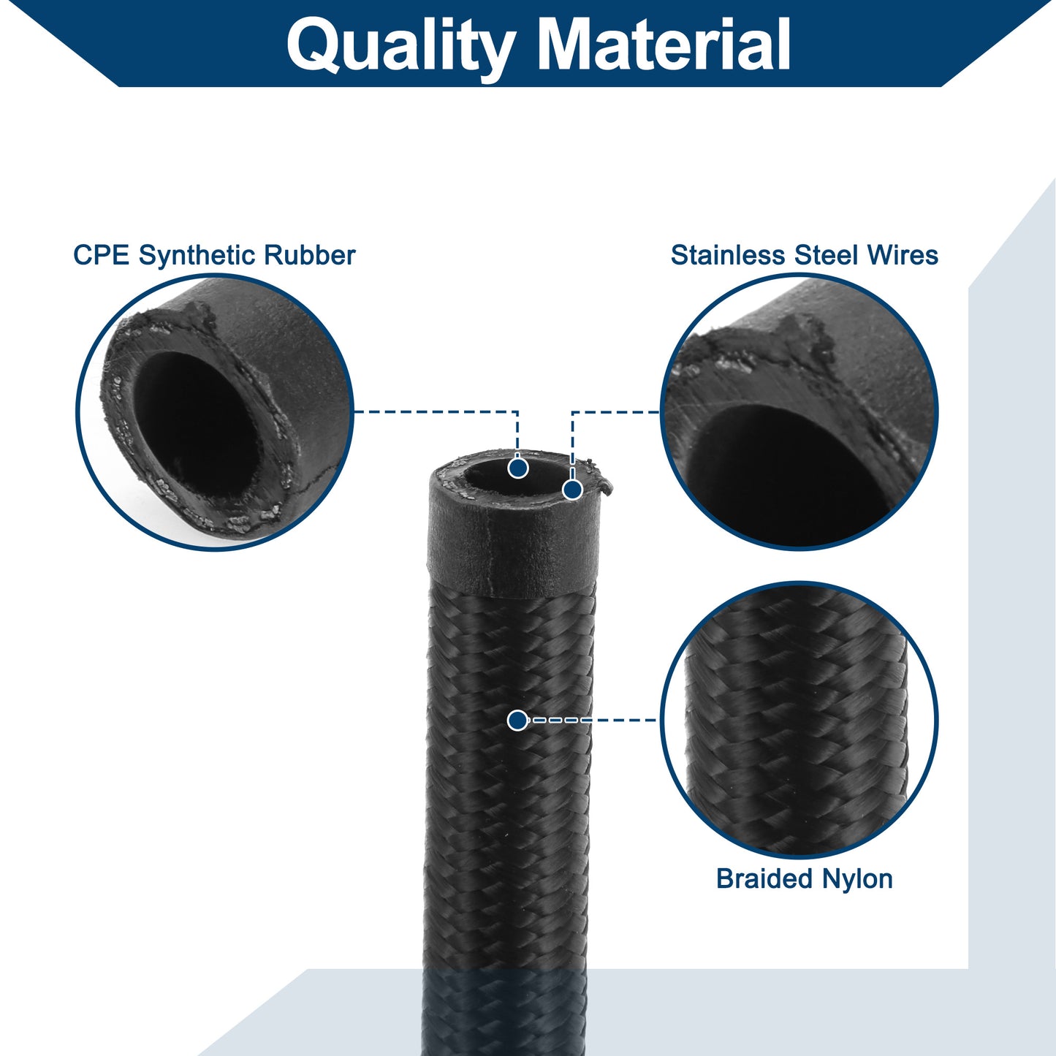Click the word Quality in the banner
pos(400,46)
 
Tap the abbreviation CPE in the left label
pos(102,255)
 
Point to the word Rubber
pos(310,255)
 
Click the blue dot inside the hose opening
pos(518,468)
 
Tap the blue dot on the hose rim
pos(572,490)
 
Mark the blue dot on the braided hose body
pos(517,720)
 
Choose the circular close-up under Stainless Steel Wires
pos(799,411)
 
